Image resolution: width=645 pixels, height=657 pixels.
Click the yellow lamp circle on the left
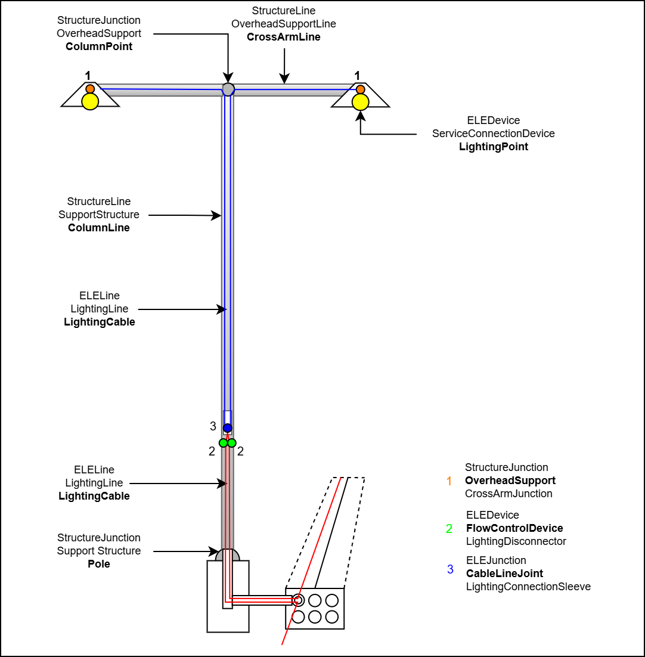(90, 101)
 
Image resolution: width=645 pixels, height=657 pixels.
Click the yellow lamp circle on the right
(360, 101)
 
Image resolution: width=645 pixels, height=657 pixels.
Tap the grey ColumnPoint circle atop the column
(228, 89)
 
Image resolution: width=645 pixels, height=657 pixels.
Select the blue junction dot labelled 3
(228, 428)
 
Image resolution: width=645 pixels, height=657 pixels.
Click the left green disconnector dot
(224, 443)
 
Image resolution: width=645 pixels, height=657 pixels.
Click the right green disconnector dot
(232, 443)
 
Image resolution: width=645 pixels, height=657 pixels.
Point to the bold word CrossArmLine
(284, 37)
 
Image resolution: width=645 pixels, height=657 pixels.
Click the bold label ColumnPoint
(99, 47)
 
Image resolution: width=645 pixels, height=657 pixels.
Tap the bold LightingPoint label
(494, 147)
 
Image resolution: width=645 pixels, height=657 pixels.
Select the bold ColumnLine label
(99, 228)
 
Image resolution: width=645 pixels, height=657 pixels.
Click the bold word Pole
(99, 564)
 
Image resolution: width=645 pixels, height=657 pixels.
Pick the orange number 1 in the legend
(449, 481)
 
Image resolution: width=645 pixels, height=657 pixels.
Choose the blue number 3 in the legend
(450, 570)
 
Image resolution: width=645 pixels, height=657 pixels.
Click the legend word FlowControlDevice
(514, 528)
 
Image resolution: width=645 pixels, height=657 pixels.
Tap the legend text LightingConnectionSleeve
(528, 587)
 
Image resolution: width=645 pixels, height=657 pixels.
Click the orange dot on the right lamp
(360, 89)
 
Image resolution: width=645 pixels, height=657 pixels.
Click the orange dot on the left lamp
(90, 89)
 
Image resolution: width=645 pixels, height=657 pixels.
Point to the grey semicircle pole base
(228, 554)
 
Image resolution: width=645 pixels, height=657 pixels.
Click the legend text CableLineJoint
(504, 574)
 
